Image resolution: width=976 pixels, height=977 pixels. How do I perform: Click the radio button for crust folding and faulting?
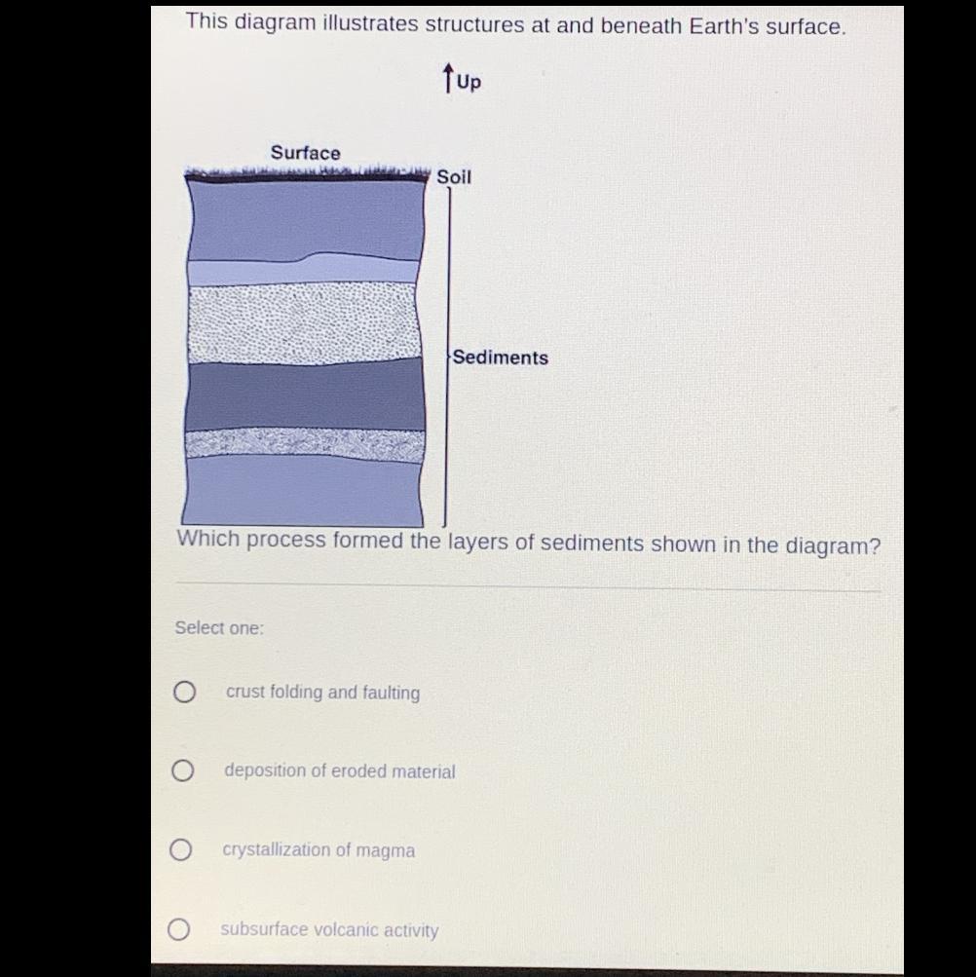point(184,692)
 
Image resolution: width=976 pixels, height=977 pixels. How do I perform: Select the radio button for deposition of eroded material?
point(182,770)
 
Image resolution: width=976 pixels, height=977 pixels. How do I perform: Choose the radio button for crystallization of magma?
point(181,849)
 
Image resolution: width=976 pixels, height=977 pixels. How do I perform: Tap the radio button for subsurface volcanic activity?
point(179,929)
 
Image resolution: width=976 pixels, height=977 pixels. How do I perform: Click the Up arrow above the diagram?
point(447,77)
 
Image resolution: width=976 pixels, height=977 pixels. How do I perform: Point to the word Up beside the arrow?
point(469,82)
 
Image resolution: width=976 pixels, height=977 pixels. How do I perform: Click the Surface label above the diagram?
point(306,153)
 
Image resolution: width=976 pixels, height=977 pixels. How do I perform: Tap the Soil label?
point(454,177)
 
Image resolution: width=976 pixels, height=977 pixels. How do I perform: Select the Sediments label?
point(501,357)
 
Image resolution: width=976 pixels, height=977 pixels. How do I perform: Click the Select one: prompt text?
point(219,627)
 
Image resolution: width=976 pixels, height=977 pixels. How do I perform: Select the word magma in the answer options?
point(385,850)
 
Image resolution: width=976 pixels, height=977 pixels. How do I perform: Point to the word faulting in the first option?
point(392,693)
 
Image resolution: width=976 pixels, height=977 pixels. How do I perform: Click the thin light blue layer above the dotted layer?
point(304,271)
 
